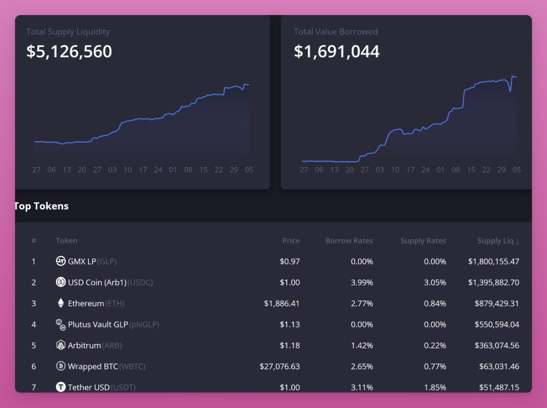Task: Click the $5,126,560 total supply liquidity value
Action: tap(69, 52)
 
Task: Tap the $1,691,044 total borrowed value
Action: tap(336, 52)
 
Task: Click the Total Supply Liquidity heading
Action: tap(68, 32)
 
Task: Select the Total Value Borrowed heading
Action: tap(335, 32)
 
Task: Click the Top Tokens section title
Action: tap(41, 206)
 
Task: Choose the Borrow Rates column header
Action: tap(349, 241)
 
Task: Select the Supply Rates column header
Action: tap(423, 241)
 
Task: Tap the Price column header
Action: tap(291, 241)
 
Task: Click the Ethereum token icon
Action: tap(61, 303)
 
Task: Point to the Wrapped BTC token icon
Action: tap(61, 366)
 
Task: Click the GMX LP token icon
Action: tap(61, 262)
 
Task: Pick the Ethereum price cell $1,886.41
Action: tap(282, 303)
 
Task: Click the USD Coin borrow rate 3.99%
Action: tap(362, 282)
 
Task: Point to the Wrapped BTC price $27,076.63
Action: tap(279, 366)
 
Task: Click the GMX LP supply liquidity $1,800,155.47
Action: tap(493, 262)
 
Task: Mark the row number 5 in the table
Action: tap(34, 345)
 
